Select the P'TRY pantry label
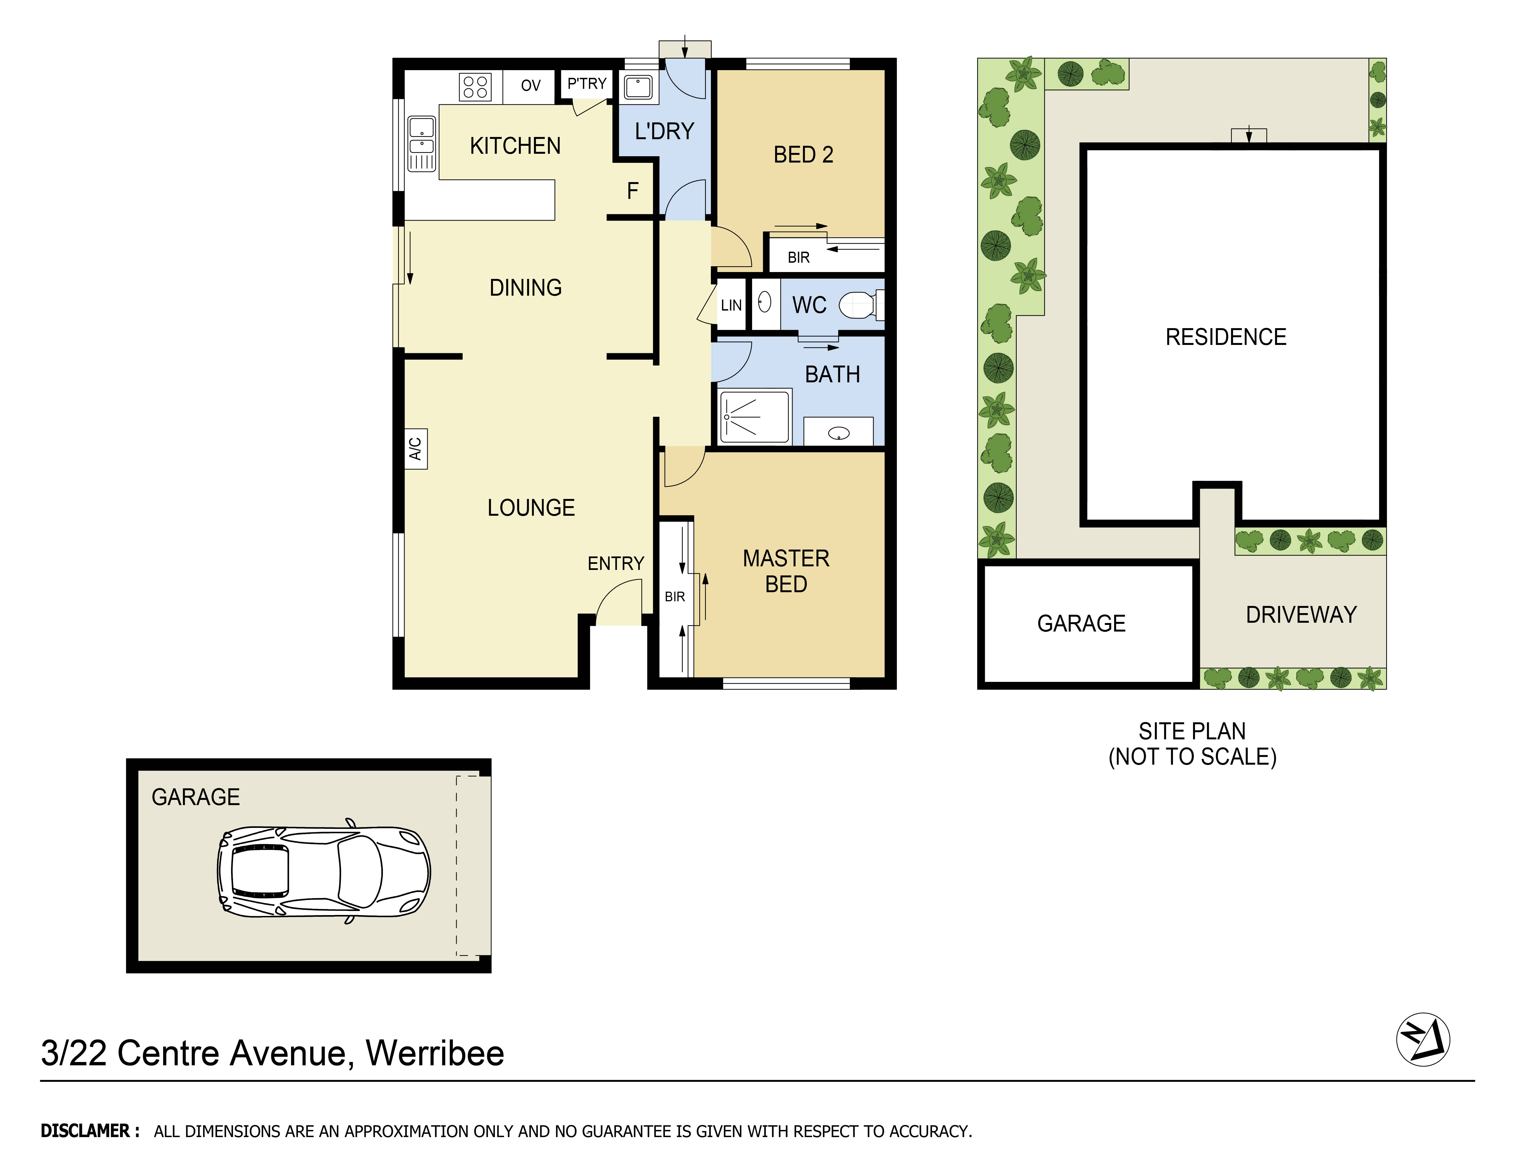point(587,84)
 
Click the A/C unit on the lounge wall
point(416,449)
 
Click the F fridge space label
point(632,191)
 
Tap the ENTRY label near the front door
point(615,564)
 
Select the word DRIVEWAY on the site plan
point(1300,615)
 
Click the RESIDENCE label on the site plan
point(1226,337)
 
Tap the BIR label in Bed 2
point(798,258)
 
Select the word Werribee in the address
point(434,1053)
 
